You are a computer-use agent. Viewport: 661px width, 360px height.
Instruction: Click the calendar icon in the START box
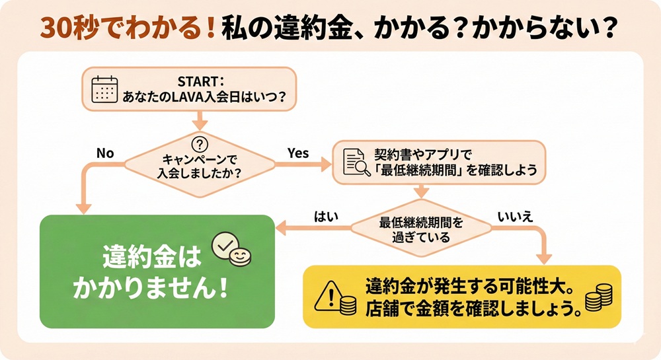point(104,89)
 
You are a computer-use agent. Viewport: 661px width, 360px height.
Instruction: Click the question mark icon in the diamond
point(199,144)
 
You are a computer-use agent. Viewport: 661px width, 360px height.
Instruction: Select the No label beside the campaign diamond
point(105,153)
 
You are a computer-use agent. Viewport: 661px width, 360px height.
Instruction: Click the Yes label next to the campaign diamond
point(298,153)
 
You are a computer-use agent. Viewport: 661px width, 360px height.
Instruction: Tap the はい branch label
point(325,215)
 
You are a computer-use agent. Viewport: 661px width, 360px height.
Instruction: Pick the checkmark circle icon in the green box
point(223,246)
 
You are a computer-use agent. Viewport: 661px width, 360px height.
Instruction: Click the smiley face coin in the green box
point(241,256)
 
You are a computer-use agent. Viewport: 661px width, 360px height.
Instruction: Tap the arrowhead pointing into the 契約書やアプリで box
point(327,162)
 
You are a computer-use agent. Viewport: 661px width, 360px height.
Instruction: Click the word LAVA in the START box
point(194,96)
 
